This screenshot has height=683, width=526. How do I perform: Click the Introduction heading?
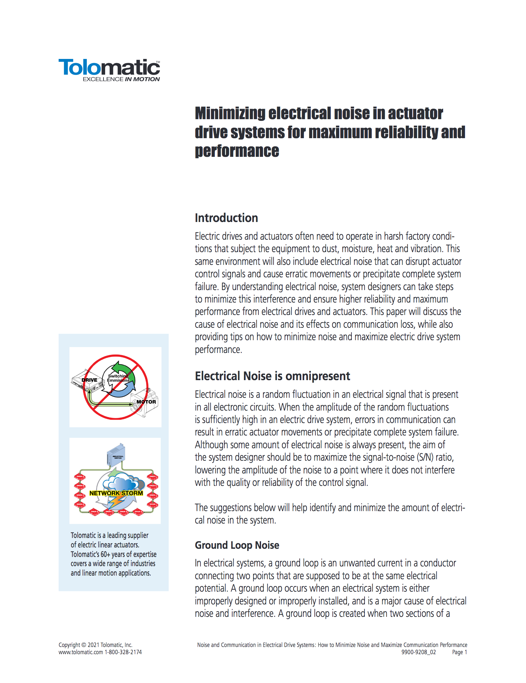tap(226, 218)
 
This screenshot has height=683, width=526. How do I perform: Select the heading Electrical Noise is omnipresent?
tap(272, 376)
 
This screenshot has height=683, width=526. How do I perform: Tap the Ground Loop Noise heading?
tap(237, 545)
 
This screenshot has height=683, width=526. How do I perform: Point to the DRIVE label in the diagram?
tap(89, 380)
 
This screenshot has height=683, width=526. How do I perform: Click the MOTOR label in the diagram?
tap(146, 402)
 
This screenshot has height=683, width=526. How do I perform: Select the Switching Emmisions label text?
tap(118, 378)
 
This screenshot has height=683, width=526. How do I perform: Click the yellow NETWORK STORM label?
tap(116, 493)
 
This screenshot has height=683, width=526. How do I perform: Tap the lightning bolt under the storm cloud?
tap(116, 501)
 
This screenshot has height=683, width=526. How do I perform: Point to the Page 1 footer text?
tap(459, 652)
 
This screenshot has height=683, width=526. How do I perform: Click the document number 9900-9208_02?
tap(419, 652)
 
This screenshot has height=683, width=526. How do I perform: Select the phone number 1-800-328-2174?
tap(123, 652)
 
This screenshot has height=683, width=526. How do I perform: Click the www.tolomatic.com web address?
tap(81, 652)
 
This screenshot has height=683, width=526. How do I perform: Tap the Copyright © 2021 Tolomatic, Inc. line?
tap(95, 645)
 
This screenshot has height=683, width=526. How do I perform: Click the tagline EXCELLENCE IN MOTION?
tap(121, 79)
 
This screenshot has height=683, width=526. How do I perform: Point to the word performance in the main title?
tap(237, 151)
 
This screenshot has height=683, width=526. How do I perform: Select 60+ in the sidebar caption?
tap(105, 554)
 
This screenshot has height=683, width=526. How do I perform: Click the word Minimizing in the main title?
tap(230, 114)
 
